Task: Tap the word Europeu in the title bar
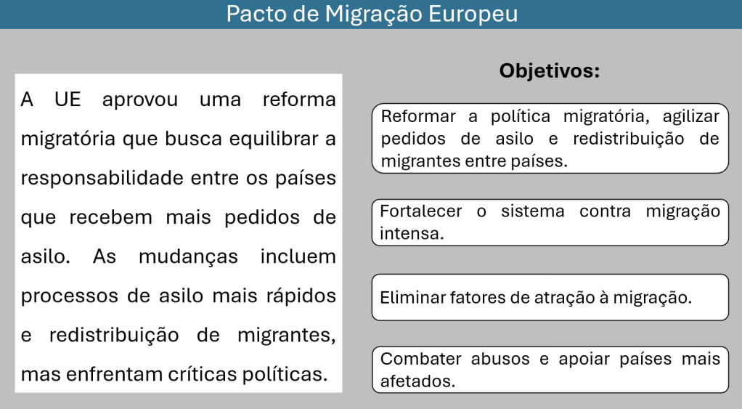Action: pyautogui.click(x=473, y=15)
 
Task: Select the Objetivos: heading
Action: pyautogui.click(x=550, y=71)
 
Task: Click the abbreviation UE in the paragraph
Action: pyautogui.click(x=68, y=100)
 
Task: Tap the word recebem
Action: pyautogui.click(x=111, y=217)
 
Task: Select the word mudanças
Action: pyautogui.click(x=188, y=257)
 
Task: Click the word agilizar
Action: pyautogui.click(x=691, y=117)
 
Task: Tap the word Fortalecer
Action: pyautogui.click(x=420, y=211)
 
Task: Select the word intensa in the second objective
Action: pyautogui.click(x=411, y=234)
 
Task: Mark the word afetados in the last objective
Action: pyautogui.click(x=417, y=381)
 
